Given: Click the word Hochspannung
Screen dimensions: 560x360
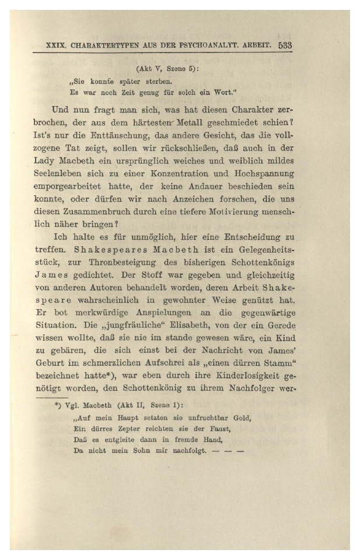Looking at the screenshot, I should pos(264,174).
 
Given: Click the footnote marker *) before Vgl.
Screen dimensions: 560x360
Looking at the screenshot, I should pos(58,404).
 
